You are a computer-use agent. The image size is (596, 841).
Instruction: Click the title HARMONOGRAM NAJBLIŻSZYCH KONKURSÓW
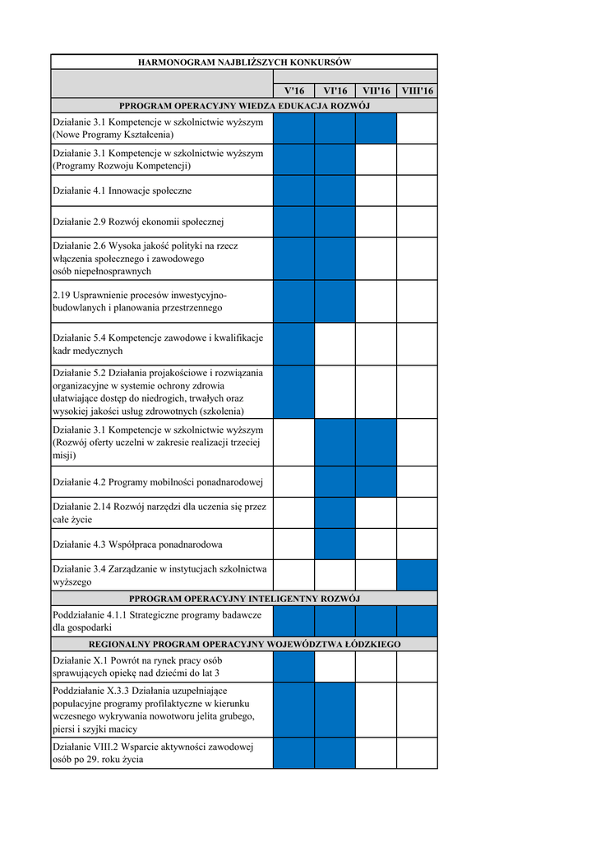(x=244, y=62)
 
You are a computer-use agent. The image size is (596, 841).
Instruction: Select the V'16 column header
(x=293, y=90)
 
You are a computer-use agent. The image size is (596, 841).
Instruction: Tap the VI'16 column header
(x=335, y=90)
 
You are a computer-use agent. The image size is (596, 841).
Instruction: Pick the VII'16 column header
(x=376, y=90)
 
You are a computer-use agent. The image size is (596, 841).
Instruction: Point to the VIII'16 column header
(x=417, y=90)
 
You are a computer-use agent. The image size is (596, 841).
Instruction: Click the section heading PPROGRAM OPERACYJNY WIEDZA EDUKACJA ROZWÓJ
(x=244, y=106)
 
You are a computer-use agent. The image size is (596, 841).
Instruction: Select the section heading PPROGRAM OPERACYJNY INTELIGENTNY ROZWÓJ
(x=244, y=599)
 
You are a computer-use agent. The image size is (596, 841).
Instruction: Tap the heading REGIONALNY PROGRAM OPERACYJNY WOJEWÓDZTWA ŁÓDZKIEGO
(x=244, y=645)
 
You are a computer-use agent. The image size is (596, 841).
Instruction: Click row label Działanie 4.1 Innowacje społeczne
(x=122, y=191)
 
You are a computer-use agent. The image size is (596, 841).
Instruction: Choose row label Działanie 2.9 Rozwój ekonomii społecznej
(x=138, y=222)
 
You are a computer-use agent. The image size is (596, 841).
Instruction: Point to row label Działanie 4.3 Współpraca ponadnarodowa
(x=137, y=544)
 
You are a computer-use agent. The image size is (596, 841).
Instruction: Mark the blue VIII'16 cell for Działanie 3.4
(x=417, y=575)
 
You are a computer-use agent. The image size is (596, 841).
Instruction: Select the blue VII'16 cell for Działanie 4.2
(x=376, y=482)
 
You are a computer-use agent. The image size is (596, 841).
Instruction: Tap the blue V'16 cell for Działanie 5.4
(x=293, y=344)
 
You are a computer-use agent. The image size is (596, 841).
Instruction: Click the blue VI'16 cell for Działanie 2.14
(x=335, y=512)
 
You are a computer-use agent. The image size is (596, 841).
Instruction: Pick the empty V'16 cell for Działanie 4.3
(x=293, y=544)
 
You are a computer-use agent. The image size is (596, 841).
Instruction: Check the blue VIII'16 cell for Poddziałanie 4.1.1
(x=417, y=621)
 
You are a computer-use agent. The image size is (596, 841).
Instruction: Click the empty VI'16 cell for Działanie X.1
(x=335, y=667)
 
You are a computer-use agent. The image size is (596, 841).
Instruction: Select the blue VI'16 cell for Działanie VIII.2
(x=335, y=753)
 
